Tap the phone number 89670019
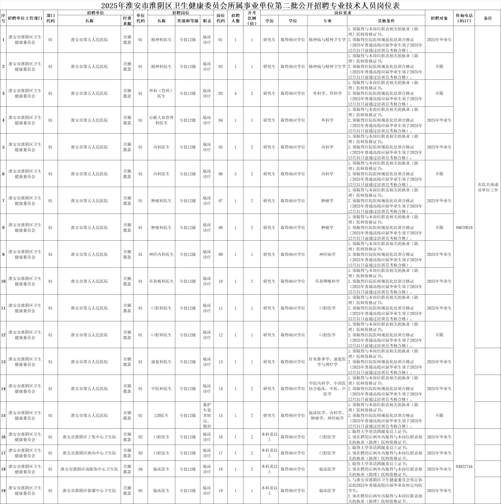(x=464, y=227)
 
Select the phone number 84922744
(x=464, y=466)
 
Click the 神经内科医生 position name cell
(x=161, y=254)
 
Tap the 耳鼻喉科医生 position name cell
(x=161, y=281)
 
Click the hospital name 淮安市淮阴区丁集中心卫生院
(x=89, y=437)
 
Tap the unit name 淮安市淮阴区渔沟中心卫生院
(x=89, y=452)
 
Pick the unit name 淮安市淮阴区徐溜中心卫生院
(x=89, y=490)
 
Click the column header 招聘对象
(x=439, y=18)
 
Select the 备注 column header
(x=488, y=18)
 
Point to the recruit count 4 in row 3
(x=236, y=93)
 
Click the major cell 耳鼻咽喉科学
(x=328, y=281)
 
